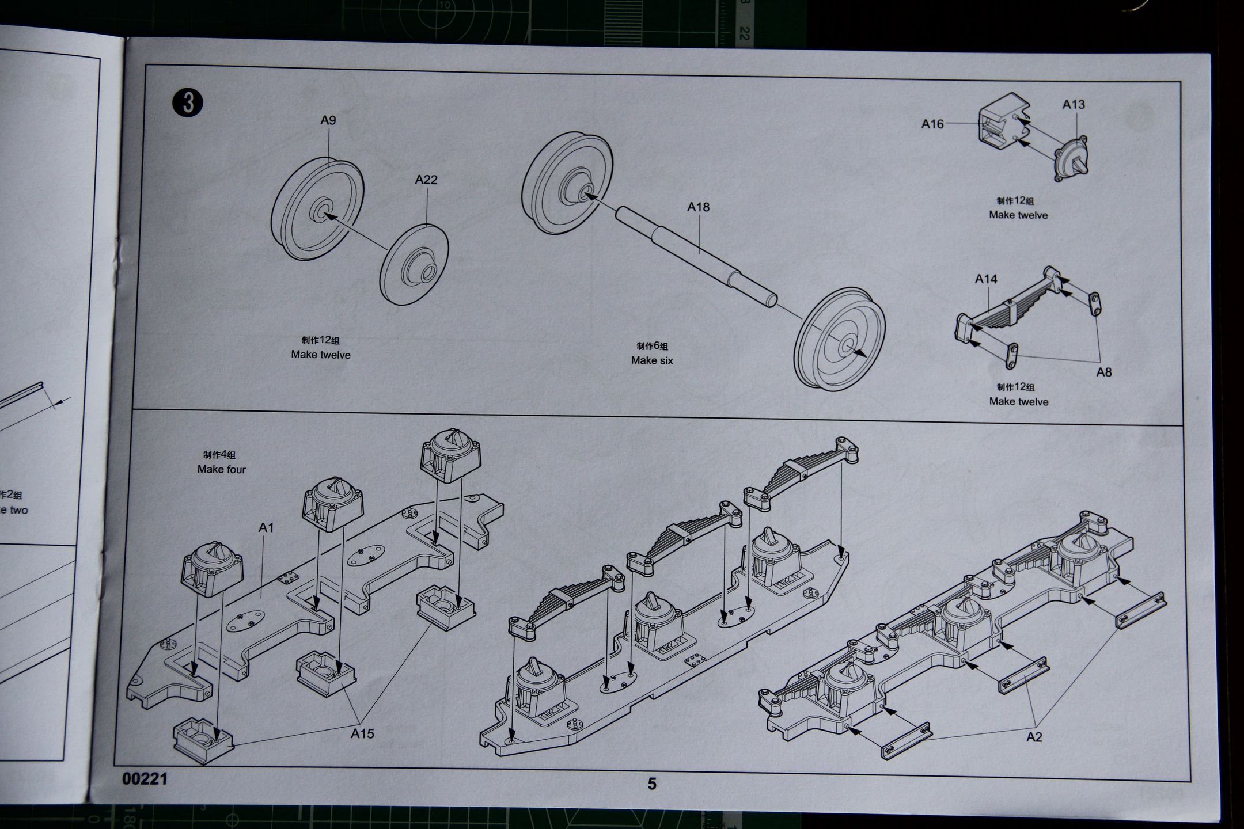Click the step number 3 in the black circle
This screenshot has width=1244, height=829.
pyautogui.click(x=187, y=104)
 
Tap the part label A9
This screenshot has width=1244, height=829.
pyautogui.click(x=328, y=120)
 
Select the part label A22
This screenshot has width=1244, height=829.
pyautogui.click(x=426, y=180)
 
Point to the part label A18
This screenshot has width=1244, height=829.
pyautogui.click(x=698, y=207)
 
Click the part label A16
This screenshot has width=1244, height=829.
pyautogui.click(x=932, y=124)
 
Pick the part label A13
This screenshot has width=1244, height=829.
pyautogui.click(x=1074, y=105)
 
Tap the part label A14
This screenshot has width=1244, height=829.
pyautogui.click(x=986, y=279)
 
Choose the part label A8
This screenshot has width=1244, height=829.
pyautogui.click(x=1103, y=372)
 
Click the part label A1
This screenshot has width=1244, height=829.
pyautogui.click(x=266, y=527)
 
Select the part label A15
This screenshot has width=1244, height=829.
pyautogui.click(x=362, y=733)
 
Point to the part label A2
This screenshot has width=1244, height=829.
pyautogui.click(x=1034, y=737)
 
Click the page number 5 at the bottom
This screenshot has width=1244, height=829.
pyautogui.click(x=652, y=784)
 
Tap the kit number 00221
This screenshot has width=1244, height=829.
pyautogui.click(x=145, y=779)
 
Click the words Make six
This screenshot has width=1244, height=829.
pyautogui.click(x=652, y=360)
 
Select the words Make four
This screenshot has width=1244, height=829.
pyautogui.click(x=221, y=469)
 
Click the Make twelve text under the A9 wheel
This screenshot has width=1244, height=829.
pyautogui.click(x=321, y=355)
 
